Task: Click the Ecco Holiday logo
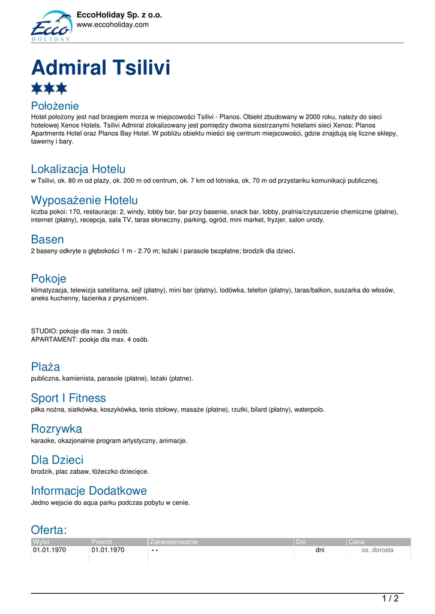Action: point(51,26)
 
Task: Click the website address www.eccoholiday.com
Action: point(112,25)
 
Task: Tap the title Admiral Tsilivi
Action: point(100,67)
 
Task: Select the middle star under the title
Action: point(49,88)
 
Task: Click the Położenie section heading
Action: point(55,106)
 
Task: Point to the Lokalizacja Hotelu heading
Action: point(78,169)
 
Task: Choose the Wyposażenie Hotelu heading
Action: point(84,200)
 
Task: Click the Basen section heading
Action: point(47,239)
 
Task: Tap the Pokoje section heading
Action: point(48,278)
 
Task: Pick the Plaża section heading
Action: point(45,367)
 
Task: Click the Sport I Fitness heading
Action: point(68,398)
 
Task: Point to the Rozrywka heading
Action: point(56,429)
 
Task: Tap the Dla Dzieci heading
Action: point(57,460)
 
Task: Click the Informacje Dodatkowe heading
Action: point(89,491)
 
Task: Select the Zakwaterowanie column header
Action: point(173,542)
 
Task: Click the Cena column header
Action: point(356,542)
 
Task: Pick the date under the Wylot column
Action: point(49,550)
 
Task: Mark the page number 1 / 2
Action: point(390,598)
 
